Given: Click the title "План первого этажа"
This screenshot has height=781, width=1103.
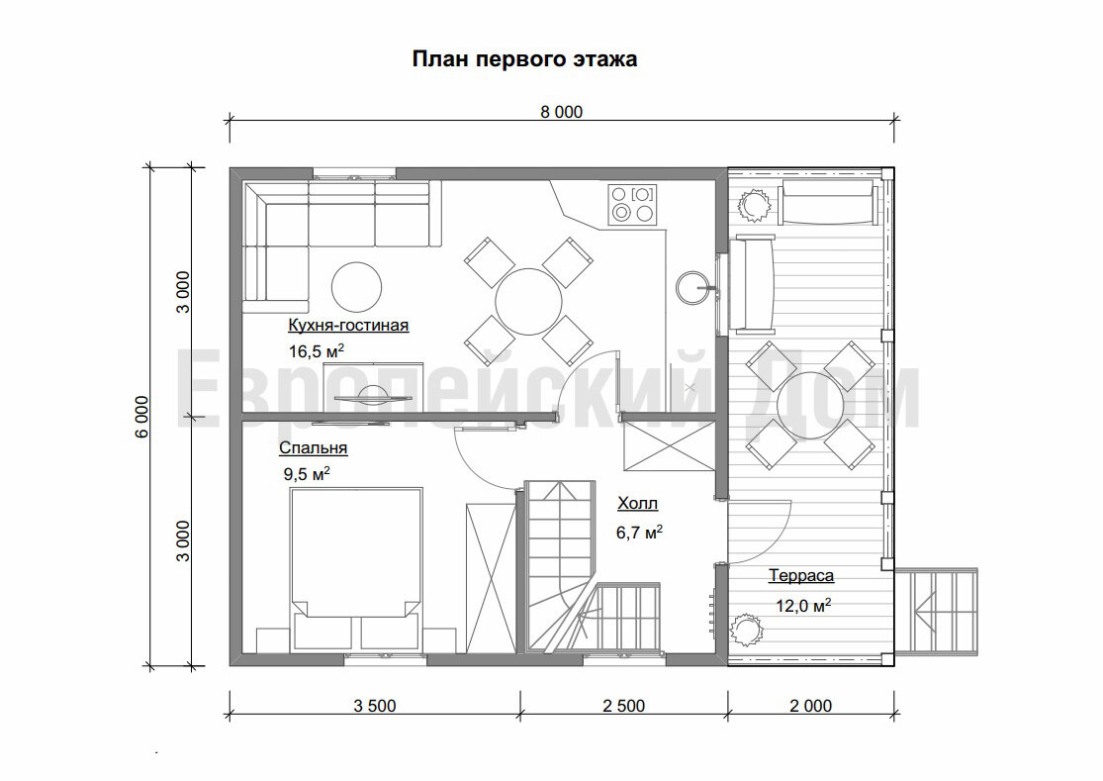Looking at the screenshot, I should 524,59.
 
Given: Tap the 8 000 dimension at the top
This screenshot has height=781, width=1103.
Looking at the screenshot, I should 561,112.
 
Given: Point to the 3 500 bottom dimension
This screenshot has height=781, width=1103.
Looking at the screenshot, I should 374,706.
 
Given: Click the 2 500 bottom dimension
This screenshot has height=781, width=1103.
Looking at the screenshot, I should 623,706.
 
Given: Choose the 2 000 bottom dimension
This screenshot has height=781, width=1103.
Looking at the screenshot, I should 810,706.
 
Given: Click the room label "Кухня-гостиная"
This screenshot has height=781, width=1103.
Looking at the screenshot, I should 347,325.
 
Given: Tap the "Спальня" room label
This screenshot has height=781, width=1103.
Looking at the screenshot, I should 313,447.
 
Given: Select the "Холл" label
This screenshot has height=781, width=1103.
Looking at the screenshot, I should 637,504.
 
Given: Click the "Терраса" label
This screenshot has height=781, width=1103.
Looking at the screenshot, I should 800,575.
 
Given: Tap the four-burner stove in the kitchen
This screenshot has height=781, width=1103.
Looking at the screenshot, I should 632,203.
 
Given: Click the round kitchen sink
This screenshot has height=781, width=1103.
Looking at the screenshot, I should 692,288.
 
